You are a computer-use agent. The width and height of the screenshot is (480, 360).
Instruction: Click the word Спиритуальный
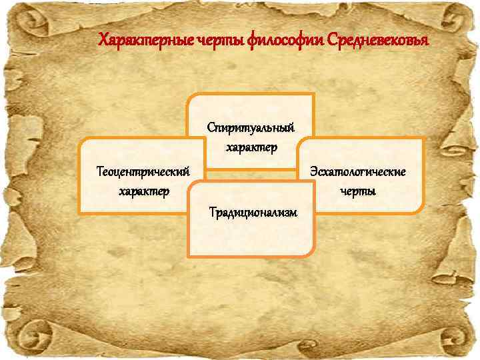point(250,127)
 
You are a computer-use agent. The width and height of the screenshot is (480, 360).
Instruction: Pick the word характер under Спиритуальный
point(250,146)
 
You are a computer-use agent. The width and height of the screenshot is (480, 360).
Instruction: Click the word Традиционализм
point(252,212)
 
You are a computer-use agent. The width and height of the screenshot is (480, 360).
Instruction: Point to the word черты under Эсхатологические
point(358,191)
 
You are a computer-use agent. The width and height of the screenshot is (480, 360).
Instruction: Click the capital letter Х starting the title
point(103,41)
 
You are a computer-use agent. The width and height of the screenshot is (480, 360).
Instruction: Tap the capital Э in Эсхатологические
point(312,172)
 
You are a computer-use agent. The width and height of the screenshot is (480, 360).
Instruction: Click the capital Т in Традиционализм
point(212,212)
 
